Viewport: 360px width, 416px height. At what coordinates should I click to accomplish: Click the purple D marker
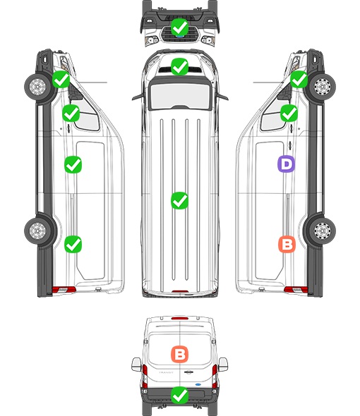[286, 164]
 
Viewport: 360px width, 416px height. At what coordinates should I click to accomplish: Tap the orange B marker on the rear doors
[179, 354]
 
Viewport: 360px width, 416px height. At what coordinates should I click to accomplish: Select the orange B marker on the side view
[287, 244]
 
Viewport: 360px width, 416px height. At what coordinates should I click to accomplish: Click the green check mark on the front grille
[179, 27]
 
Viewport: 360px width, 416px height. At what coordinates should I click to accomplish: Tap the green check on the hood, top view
[179, 66]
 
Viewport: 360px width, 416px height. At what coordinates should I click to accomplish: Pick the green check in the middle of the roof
[179, 200]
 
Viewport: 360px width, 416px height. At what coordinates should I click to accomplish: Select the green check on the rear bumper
[179, 395]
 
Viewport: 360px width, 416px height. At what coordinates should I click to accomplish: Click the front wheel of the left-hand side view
[37, 87]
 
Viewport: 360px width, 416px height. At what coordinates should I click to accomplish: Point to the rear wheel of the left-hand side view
[37, 231]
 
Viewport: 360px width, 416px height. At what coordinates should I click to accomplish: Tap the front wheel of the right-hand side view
[323, 87]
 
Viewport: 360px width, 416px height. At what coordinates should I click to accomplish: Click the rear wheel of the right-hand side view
[323, 231]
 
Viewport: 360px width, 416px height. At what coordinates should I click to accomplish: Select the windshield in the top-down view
[180, 95]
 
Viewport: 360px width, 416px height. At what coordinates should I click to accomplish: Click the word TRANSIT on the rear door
[166, 373]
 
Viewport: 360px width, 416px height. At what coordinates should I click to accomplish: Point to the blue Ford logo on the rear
[198, 384]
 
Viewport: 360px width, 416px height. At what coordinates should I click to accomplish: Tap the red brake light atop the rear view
[180, 318]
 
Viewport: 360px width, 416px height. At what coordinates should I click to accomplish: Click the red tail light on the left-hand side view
[64, 290]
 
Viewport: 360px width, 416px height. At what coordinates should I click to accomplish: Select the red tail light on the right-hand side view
[296, 290]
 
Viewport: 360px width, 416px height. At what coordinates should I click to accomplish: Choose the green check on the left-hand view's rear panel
[73, 244]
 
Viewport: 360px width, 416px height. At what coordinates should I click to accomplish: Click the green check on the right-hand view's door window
[289, 113]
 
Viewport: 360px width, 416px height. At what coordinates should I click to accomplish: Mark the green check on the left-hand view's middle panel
[73, 164]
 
